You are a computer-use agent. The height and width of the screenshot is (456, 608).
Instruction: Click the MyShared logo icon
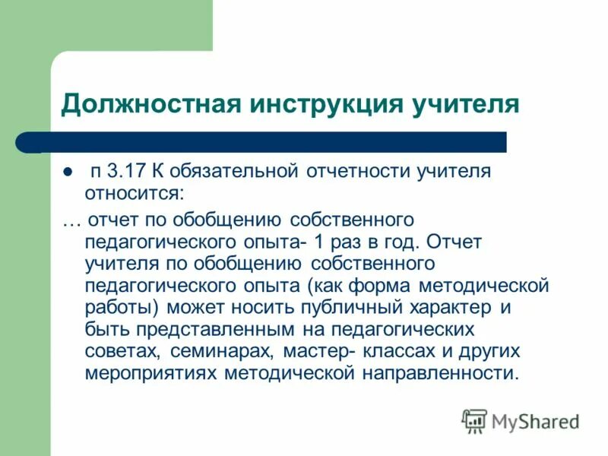474,420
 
